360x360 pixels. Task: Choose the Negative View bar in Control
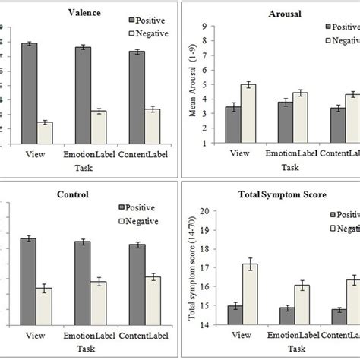tap(45, 309)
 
